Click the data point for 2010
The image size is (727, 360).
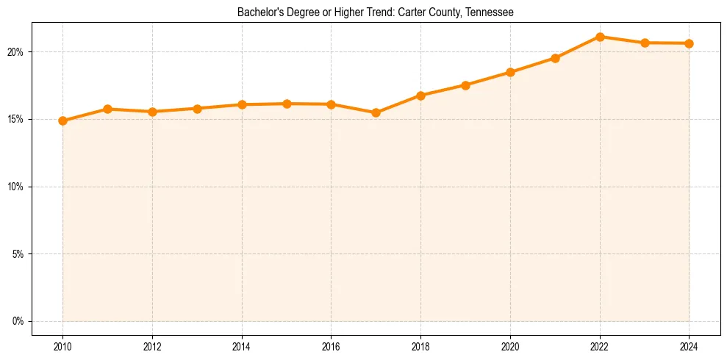[x=62, y=120]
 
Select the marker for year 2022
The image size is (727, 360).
[x=600, y=37]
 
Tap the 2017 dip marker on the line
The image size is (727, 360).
[x=376, y=112]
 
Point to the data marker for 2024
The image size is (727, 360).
[x=690, y=43]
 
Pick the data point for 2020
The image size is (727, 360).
[x=510, y=72]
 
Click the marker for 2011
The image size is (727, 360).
[x=107, y=109]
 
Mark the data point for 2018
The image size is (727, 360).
[x=420, y=96]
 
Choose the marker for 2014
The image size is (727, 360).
[x=242, y=104]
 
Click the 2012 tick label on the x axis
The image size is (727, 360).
[x=152, y=345]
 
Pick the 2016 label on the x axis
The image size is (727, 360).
[x=332, y=345]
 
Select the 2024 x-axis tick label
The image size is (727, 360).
[x=690, y=345]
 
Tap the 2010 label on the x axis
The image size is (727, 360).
[x=62, y=345]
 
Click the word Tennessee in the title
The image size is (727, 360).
[x=490, y=12]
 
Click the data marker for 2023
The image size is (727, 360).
[x=645, y=43]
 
